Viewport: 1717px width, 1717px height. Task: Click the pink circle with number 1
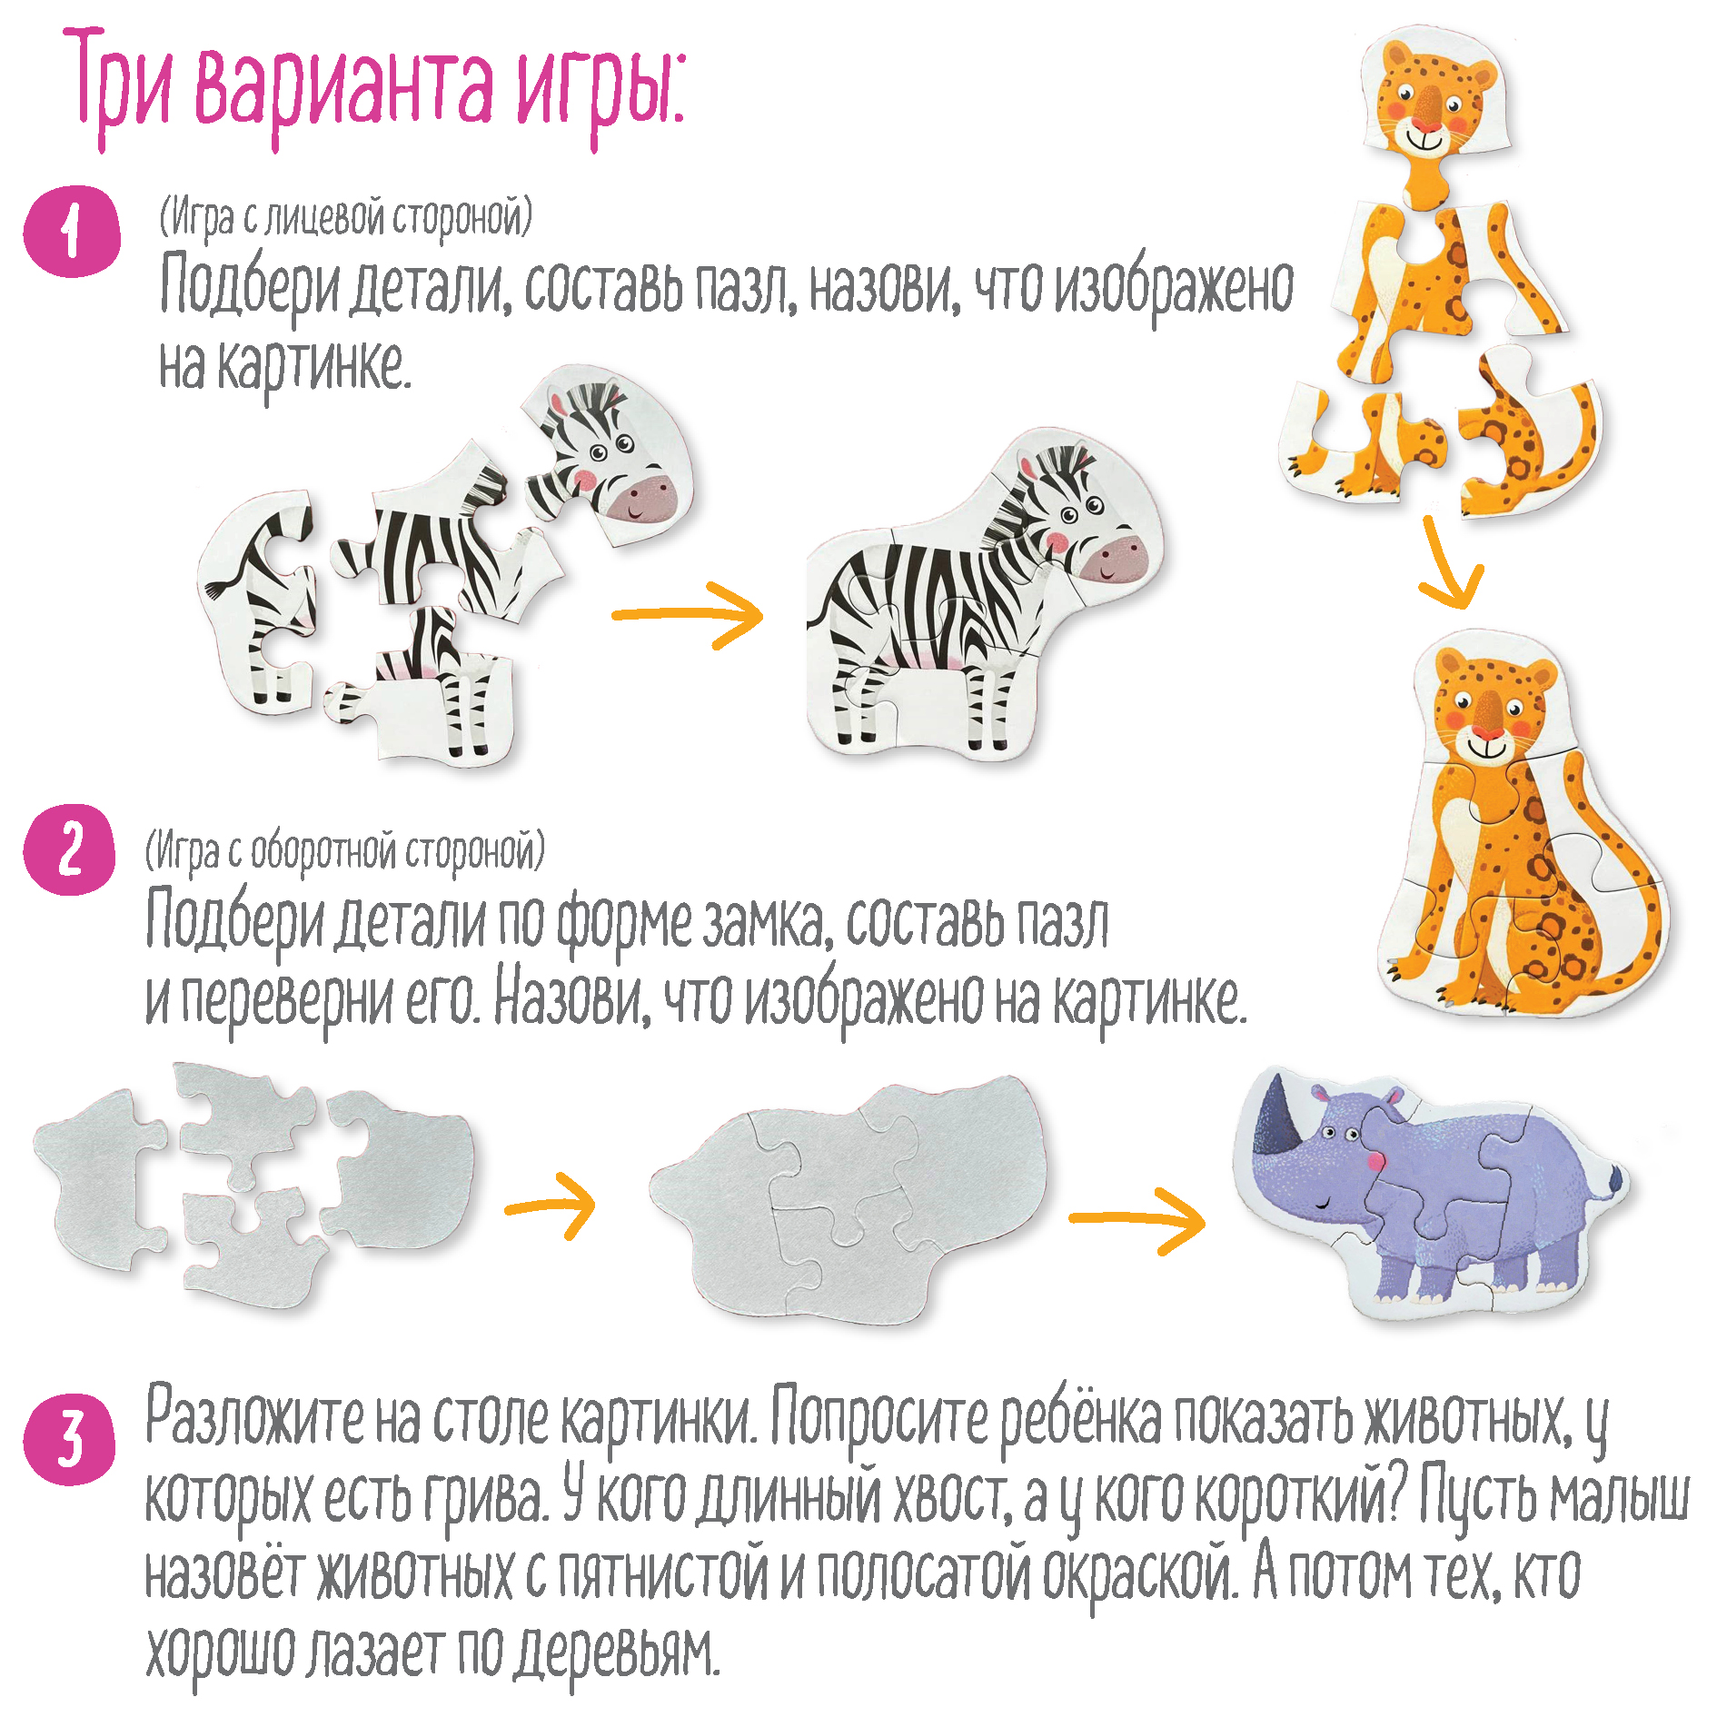click(x=71, y=231)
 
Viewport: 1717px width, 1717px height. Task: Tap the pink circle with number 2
click(x=70, y=850)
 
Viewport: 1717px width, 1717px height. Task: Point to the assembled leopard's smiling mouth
click(x=1488, y=747)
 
